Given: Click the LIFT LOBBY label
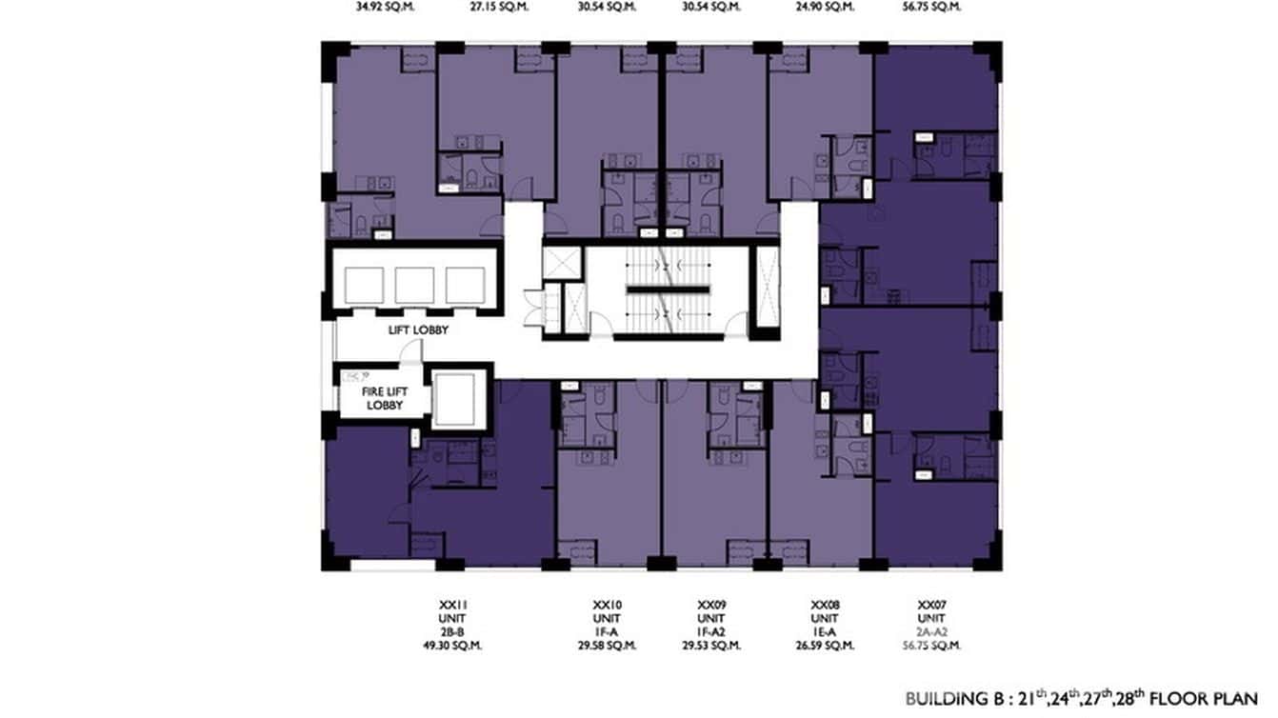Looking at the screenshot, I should [x=418, y=330].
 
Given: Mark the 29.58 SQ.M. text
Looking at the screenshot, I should [x=607, y=646].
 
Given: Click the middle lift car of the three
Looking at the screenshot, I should [x=414, y=285].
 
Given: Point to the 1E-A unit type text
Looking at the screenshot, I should [x=825, y=631].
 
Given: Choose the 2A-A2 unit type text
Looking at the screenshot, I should [x=930, y=631].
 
